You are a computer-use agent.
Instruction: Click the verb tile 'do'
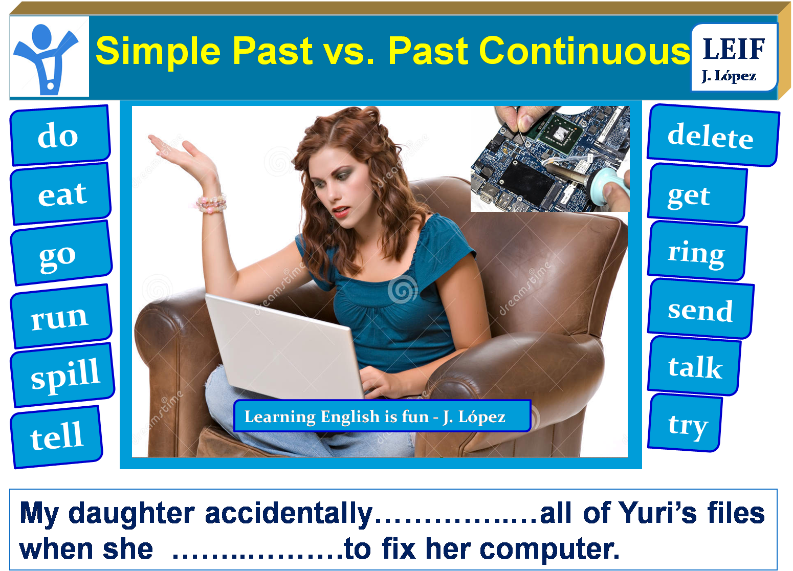pos(59,136)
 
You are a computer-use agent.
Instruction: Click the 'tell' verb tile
pos(56,436)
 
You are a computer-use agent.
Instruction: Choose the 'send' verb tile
pos(700,310)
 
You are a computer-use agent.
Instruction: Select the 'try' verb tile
pos(686,424)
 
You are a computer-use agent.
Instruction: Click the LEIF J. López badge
pos(734,58)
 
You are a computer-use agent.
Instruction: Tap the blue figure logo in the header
pos(49,57)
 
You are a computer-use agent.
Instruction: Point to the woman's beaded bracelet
pos(212,203)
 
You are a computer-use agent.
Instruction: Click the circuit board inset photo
pos(550,159)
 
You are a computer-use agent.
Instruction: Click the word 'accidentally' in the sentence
pos(289,513)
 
